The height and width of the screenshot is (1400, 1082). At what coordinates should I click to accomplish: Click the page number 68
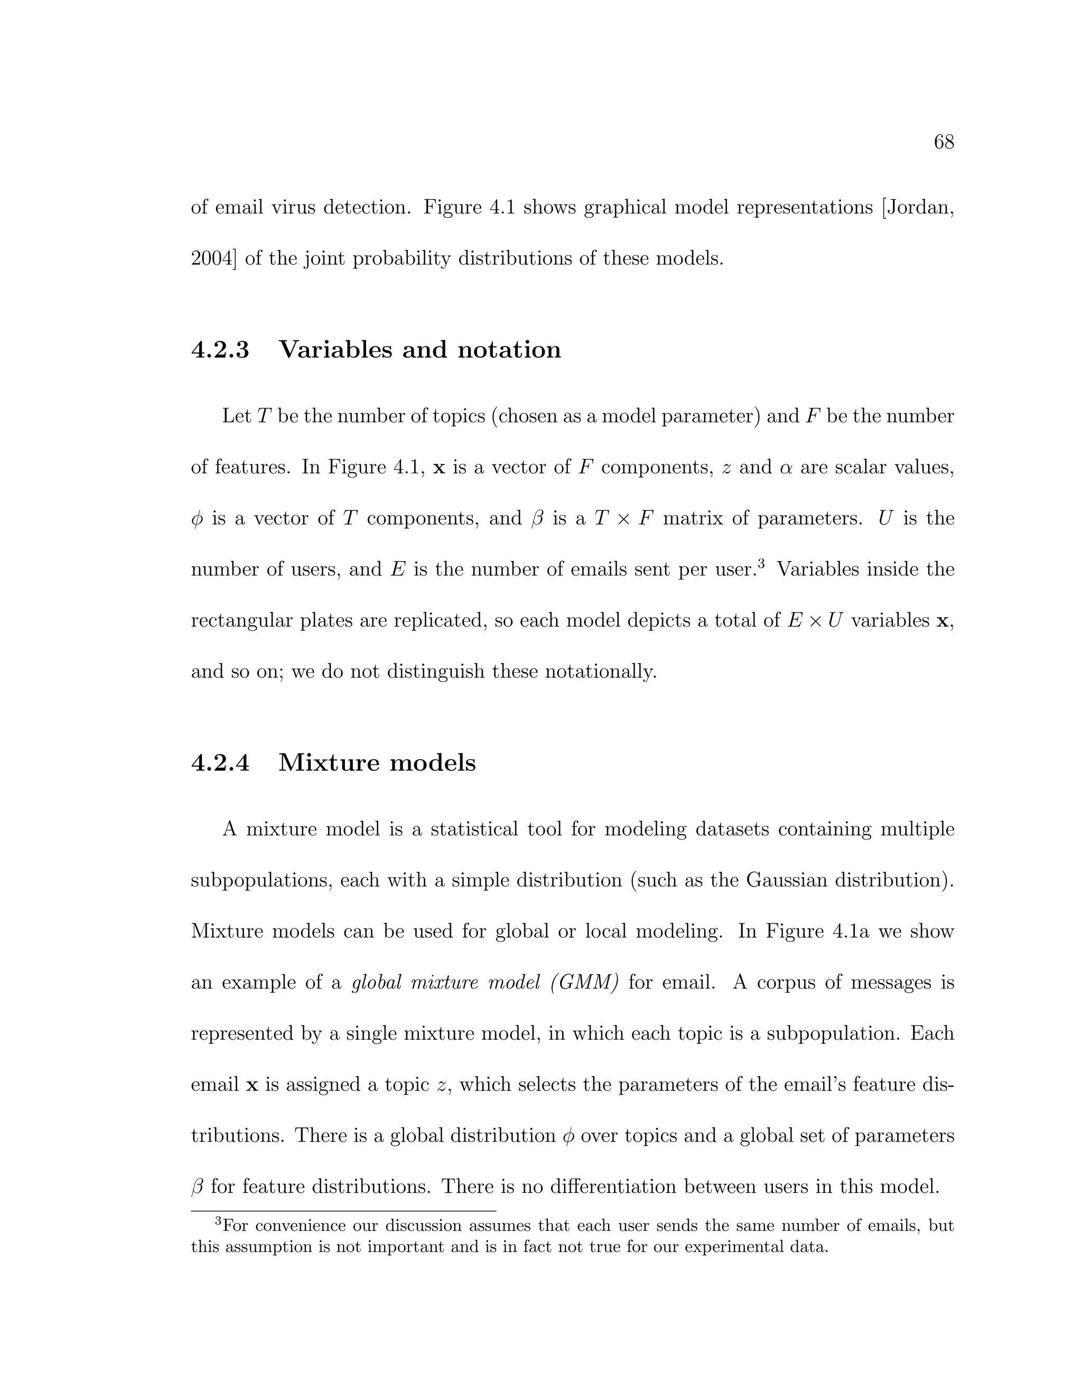(x=944, y=142)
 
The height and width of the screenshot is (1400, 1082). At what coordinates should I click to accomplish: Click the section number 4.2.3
(x=220, y=350)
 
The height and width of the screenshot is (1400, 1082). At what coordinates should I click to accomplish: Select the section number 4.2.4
(x=220, y=763)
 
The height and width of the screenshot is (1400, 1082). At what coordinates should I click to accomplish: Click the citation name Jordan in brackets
(x=918, y=208)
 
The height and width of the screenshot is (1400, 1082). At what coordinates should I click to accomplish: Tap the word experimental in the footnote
(x=724, y=1247)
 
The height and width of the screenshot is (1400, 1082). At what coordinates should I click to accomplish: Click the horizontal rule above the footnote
(x=343, y=1211)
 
